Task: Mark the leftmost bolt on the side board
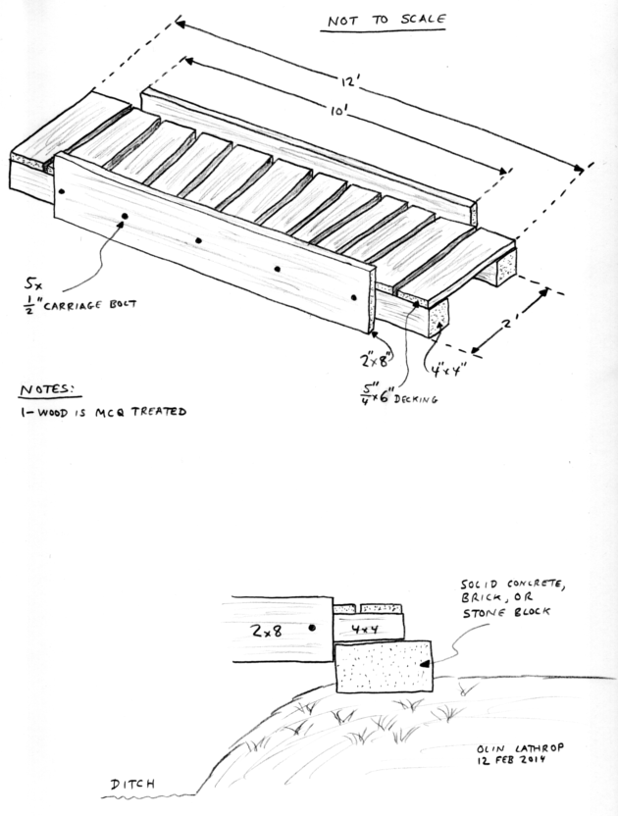click(x=63, y=192)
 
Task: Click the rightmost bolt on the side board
click(x=354, y=296)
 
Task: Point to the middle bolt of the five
click(x=198, y=240)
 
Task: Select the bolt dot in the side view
click(x=312, y=628)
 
